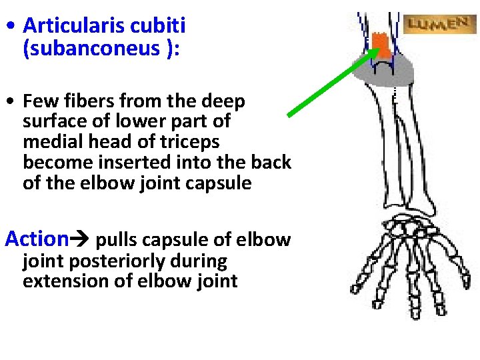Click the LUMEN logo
[437, 25]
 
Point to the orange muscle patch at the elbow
[381, 47]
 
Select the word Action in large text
[37, 238]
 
